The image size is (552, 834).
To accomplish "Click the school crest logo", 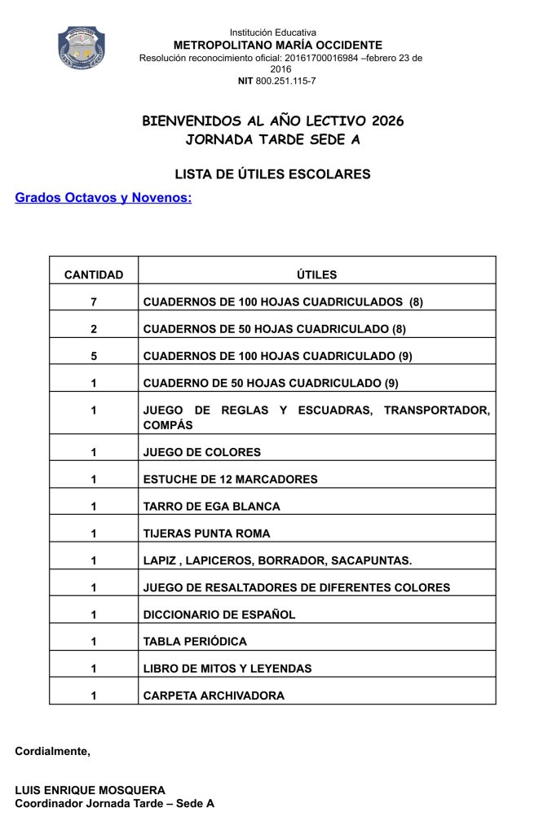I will pyautogui.click(x=81, y=46).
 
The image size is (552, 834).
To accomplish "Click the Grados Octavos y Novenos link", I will pyautogui.click(x=104, y=197).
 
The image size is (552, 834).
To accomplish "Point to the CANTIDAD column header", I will pyautogui.click(x=94, y=274).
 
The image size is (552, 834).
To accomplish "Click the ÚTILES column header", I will pyautogui.click(x=316, y=274).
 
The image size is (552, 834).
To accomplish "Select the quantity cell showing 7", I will pyautogui.click(x=94, y=302).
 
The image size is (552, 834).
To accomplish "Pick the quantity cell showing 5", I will pyautogui.click(x=94, y=356).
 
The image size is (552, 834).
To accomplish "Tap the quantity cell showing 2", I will pyautogui.click(x=94, y=329).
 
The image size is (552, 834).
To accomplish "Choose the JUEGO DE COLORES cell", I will pyautogui.click(x=202, y=452).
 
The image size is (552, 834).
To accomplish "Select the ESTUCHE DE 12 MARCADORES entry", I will pyautogui.click(x=230, y=479).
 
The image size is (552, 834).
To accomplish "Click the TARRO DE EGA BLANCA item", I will pyautogui.click(x=211, y=506).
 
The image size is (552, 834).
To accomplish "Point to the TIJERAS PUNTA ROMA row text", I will pyautogui.click(x=206, y=533).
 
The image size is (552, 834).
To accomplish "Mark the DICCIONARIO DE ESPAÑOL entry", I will pyautogui.click(x=219, y=614).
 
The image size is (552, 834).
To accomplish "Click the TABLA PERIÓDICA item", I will pyautogui.click(x=195, y=641).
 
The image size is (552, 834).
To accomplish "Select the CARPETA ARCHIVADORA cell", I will pyautogui.click(x=214, y=696).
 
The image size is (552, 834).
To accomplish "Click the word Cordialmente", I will pyautogui.click(x=52, y=751).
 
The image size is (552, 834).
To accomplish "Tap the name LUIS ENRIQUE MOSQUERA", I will pyautogui.click(x=90, y=790).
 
